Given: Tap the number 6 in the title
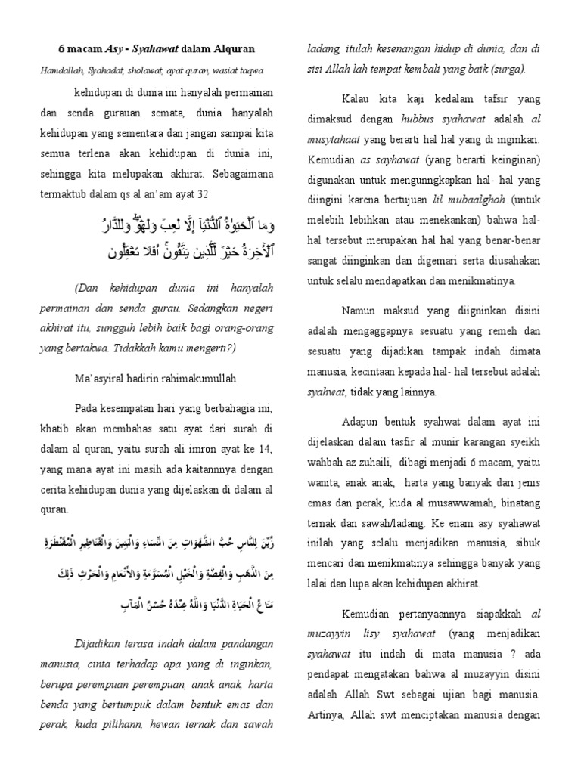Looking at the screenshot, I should [x=62, y=49].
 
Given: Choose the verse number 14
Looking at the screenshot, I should [x=266, y=448].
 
